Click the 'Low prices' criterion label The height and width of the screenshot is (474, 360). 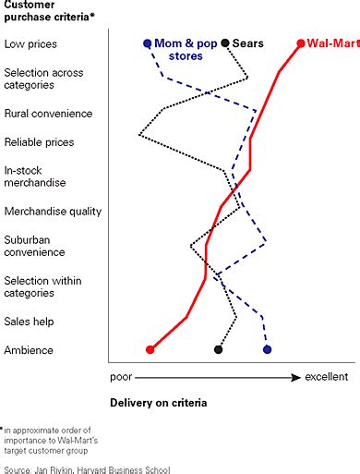point(30,43)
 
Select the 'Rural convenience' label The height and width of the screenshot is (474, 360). point(48,114)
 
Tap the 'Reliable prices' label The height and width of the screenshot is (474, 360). point(39,142)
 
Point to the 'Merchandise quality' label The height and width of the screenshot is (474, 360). point(52,212)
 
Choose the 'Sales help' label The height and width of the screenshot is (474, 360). point(30,322)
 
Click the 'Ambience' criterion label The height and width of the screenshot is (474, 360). point(29,350)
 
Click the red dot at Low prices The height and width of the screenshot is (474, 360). point(301,43)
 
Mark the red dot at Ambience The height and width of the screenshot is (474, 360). point(150,349)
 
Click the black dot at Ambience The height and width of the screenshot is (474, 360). point(219,349)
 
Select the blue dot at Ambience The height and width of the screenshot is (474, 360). point(267,349)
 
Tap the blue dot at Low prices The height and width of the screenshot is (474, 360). point(147,43)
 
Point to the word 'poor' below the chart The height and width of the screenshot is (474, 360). point(122,377)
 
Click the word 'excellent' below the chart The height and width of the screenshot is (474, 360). point(327,377)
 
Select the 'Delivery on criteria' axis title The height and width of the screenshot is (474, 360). point(158,403)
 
